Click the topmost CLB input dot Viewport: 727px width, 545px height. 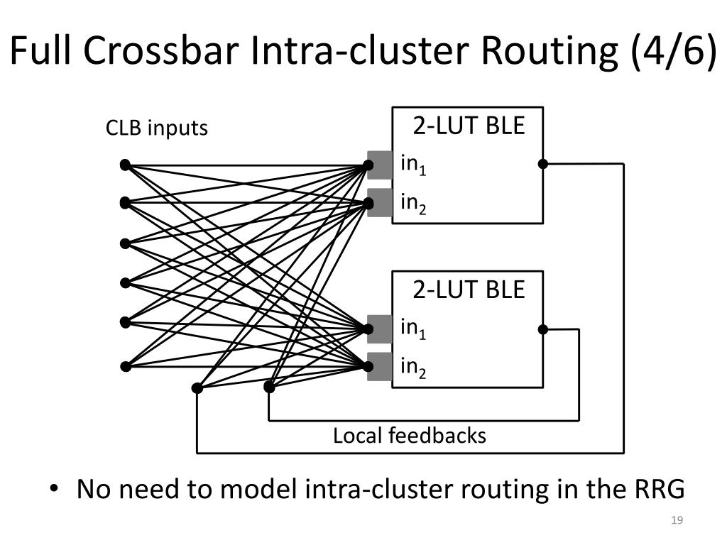125,165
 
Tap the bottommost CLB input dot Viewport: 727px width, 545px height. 125,367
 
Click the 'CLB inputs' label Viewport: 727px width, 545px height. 157,128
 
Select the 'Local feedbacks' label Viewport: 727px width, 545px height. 410,436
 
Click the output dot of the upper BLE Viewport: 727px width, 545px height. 543,164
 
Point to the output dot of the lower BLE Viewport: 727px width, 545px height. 543,329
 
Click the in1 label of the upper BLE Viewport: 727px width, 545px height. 413,165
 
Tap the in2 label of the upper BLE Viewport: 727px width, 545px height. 413,204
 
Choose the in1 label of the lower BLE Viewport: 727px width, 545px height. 413,329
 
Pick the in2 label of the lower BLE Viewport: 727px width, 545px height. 413,368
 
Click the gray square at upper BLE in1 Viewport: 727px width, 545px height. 380,165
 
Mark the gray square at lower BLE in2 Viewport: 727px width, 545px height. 380,367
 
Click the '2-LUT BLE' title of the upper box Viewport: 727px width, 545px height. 469,126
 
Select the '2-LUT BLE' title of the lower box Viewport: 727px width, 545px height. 469,290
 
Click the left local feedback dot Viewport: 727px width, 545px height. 197,388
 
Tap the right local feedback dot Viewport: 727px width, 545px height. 269,387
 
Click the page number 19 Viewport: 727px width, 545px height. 677,520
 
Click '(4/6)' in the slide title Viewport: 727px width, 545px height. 674,51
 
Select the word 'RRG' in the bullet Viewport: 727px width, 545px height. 658,489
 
